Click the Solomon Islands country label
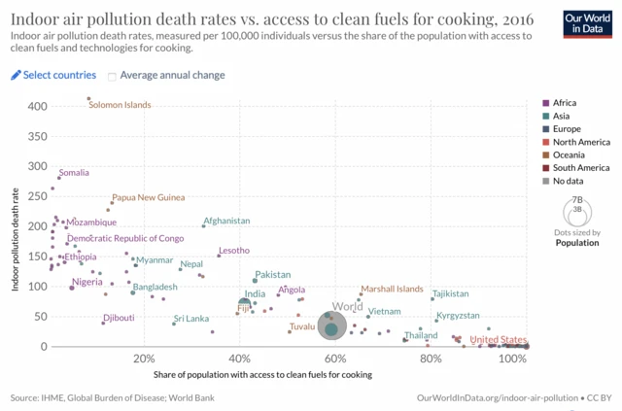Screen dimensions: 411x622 [121, 105]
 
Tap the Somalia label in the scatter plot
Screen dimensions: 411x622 [74, 173]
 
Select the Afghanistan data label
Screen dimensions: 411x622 [226, 221]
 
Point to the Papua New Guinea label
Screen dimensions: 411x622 [148, 197]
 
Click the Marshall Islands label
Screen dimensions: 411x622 [392, 290]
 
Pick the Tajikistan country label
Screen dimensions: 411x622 [450, 293]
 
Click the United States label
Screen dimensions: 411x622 [498, 340]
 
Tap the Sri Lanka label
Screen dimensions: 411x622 [191, 319]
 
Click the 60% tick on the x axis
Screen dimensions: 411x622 [334, 359]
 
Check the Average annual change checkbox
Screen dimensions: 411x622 [113, 76]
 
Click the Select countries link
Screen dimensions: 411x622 [53, 75]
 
